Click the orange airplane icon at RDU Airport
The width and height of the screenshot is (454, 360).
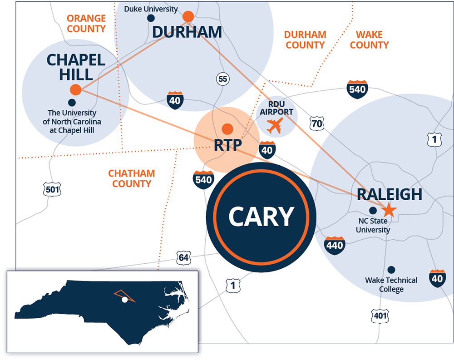(x=275, y=125)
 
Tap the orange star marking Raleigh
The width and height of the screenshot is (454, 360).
(x=389, y=210)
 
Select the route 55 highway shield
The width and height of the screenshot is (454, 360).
(x=222, y=79)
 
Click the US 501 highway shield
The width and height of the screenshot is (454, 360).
(x=53, y=189)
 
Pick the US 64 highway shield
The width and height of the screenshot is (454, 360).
(x=183, y=258)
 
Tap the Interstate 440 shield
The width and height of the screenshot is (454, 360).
(x=335, y=245)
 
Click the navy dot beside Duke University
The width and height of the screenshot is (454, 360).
(x=151, y=18)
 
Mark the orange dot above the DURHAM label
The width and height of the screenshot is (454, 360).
(x=188, y=17)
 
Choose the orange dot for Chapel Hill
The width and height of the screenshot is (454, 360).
(x=76, y=89)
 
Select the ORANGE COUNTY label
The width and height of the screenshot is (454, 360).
(x=86, y=24)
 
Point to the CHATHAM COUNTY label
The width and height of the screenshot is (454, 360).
(x=132, y=178)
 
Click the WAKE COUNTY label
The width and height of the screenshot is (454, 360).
(x=369, y=39)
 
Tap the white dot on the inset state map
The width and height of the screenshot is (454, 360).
(x=124, y=300)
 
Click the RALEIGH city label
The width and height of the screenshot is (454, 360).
(x=390, y=194)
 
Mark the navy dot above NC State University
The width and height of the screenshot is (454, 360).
(x=373, y=211)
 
